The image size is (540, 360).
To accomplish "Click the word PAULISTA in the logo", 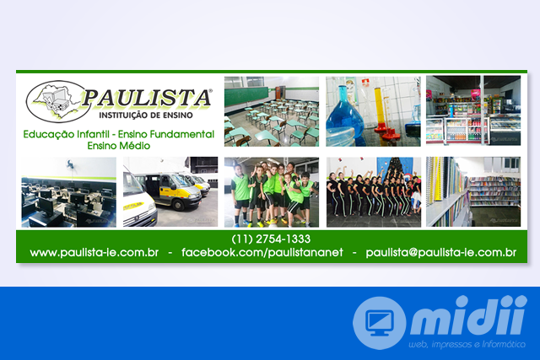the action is (x=146, y=98).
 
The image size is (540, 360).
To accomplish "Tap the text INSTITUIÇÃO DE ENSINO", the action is (x=146, y=116).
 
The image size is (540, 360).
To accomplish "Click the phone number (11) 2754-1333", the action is (x=271, y=239).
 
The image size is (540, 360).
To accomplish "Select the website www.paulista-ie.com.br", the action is (x=94, y=252).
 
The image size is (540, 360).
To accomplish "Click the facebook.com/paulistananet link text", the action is (x=262, y=252).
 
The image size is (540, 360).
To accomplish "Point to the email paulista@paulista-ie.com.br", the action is (x=440, y=252).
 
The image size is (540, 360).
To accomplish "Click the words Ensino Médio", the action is (x=119, y=146).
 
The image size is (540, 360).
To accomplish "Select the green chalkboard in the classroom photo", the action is (x=246, y=96).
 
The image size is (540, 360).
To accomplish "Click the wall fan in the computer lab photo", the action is (x=70, y=164).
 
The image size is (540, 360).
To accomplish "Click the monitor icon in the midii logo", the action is (x=379, y=323).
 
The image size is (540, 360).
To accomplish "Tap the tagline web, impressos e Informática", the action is (x=467, y=344).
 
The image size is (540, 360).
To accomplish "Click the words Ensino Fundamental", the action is (x=166, y=134).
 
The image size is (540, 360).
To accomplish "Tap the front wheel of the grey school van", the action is (x=178, y=204).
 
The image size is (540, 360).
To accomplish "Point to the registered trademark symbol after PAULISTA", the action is (x=210, y=91).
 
